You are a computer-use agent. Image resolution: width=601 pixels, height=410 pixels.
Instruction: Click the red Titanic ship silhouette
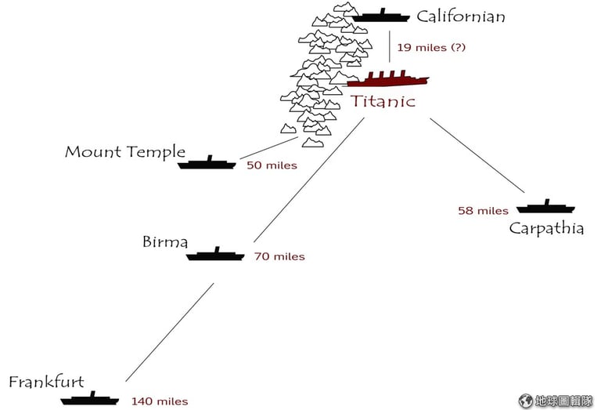click(x=388, y=79)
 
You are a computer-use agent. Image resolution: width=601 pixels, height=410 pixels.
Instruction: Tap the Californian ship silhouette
click(x=381, y=16)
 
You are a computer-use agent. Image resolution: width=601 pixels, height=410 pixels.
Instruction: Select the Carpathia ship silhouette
click(x=545, y=207)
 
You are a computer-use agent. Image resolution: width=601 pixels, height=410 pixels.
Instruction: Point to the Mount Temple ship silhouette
click(x=207, y=163)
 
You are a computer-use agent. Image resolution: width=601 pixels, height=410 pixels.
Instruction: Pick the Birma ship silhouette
click(x=215, y=255)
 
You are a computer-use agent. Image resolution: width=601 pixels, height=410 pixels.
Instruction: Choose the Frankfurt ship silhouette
click(x=90, y=399)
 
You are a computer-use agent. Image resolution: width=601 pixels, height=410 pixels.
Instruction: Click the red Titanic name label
click(x=383, y=101)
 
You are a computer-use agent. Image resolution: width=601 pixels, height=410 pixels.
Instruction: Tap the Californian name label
click(x=461, y=16)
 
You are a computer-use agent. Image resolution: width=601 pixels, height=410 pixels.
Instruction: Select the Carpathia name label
click(x=546, y=229)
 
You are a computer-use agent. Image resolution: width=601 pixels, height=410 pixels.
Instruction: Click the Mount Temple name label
click(x=125, y=152)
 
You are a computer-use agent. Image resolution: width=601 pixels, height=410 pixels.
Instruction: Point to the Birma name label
click(x=165, y=242)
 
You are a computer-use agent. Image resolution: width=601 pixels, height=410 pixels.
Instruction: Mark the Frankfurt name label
click(x=46, y=382)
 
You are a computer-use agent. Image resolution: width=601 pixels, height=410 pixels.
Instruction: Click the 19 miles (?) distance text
click(x=431, y=48)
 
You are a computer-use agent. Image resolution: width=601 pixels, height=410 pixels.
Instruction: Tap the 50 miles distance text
click(x=272, y=165)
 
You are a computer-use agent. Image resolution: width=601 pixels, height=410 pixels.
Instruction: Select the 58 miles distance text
click(x=484, y=211)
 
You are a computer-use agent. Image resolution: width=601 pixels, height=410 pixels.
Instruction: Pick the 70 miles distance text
click(x=279, y=256)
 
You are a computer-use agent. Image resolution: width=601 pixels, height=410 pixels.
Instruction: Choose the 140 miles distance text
click(x=160, y=401)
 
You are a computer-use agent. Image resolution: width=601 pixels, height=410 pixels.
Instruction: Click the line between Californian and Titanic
click(x=390, y=46)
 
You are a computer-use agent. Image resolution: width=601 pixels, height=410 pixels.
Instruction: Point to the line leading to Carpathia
click(x=477, y=155)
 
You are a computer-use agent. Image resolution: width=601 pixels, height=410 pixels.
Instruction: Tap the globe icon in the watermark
click(x=526, y=401)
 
